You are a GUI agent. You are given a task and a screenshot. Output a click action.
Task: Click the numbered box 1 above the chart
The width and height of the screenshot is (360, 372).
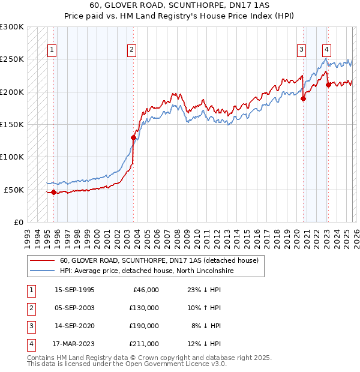(x=52, y=50)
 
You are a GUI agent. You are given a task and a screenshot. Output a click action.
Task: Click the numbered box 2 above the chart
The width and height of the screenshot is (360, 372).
(x=131, y=50)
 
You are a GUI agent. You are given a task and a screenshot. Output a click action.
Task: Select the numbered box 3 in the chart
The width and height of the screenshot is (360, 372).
(x=301, y=50)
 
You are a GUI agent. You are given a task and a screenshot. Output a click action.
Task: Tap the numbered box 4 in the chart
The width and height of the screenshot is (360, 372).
(x=326, y=50)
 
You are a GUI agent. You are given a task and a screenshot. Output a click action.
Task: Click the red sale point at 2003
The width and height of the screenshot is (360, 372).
(x=133, y=137)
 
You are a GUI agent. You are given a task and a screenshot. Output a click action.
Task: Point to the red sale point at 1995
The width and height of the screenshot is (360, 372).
(x=54, y=192)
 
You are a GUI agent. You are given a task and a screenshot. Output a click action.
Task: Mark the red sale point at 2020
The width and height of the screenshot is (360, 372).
(x=303, y=99)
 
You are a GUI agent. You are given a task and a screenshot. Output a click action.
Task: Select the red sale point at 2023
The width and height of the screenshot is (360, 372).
(x=328, y=85)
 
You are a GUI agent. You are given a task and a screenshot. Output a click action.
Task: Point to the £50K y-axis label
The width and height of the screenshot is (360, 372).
(x=14, y=190)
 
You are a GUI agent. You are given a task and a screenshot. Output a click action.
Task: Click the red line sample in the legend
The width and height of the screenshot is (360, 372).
(x=43, y=261)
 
